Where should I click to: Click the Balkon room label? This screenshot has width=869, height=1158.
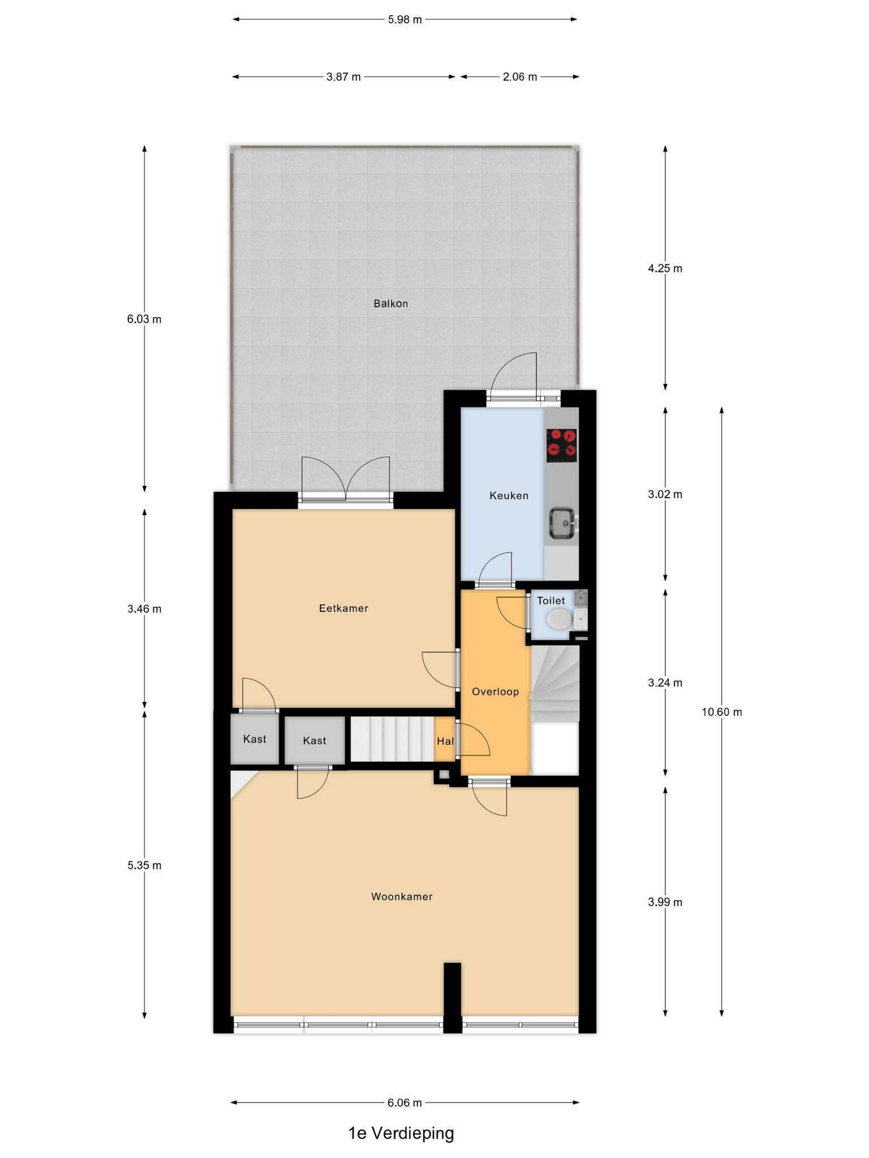(390, 304)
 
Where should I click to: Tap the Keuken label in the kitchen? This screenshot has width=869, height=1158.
(509, 496)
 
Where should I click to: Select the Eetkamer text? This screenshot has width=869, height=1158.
(343, 608)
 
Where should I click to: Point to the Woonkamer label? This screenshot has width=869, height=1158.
(402, 896)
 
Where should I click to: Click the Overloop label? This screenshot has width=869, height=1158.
(495, 692)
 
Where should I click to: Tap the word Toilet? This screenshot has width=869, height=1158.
(551, 600)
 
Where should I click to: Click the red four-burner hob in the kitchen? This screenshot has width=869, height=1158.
(561, 446)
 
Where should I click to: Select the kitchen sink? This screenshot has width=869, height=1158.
(563, 524)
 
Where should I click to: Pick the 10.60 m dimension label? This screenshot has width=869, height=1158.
(722, 712)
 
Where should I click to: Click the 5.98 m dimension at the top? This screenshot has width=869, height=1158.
(405, 19)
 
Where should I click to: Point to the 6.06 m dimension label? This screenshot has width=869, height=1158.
(405, 1103)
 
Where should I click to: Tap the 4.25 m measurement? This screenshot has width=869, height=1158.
(665, 269)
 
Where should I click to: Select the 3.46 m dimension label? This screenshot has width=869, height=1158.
(144, 609)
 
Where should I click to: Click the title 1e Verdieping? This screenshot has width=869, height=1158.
(401, 1133)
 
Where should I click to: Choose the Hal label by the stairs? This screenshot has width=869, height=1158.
(445, 741)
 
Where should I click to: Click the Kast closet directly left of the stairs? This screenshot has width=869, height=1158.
(315, 741)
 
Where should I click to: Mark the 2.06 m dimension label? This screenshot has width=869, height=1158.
(520, 77)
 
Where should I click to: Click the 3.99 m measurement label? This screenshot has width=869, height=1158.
(665, 902)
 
